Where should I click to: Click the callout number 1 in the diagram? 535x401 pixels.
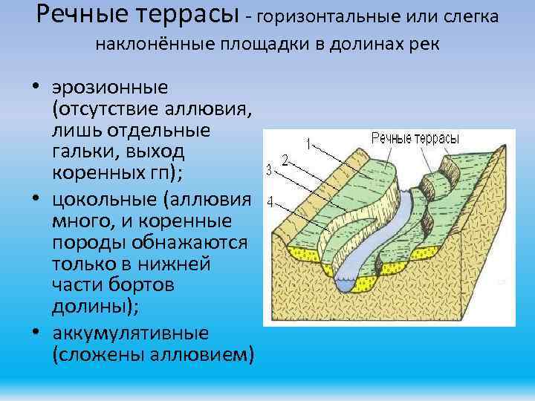[x=308, y=143]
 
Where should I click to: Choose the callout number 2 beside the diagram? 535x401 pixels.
[x=285, y=159]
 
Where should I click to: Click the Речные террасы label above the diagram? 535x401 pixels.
[x=415, y=139]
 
